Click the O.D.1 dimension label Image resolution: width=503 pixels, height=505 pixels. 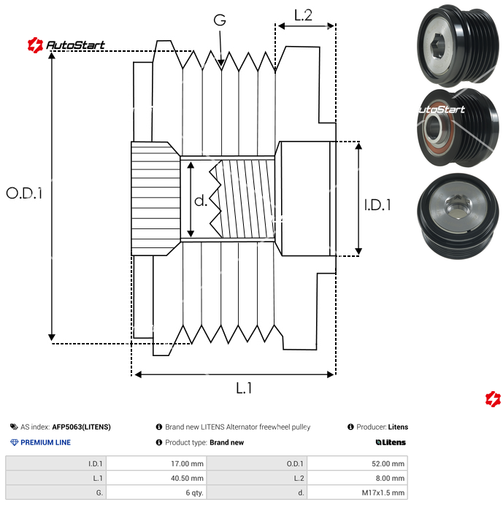24,193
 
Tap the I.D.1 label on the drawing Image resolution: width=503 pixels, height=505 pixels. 377,205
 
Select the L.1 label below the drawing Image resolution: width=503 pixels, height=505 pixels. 244,388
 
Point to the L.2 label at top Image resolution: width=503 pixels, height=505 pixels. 303,15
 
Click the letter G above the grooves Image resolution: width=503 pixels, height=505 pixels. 219,20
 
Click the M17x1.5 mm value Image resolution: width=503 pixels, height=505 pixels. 383,493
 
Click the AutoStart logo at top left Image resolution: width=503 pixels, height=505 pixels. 66,45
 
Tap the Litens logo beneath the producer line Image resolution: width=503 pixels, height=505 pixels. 391,442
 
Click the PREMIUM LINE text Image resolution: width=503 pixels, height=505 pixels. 45,442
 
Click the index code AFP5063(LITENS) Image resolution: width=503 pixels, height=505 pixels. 81,427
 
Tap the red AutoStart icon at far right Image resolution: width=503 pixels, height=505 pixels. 494,398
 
